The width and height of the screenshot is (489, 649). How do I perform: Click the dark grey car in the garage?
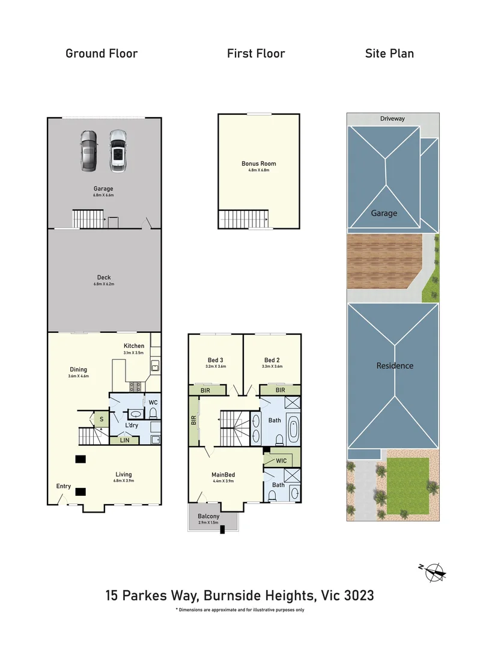88,150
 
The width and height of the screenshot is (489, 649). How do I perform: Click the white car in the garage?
118,150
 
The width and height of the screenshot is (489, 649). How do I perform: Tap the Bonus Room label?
258,163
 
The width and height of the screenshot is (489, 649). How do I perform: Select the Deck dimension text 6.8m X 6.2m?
103,284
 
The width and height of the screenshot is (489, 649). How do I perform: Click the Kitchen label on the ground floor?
134,346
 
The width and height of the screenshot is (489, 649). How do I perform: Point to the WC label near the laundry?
153,402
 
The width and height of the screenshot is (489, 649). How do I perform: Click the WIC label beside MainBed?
281,461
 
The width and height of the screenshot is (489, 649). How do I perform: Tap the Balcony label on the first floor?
208,516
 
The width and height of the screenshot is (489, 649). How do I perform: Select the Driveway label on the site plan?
392,119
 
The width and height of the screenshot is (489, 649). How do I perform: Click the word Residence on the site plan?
395,365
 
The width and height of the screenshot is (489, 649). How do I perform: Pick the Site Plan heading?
389,53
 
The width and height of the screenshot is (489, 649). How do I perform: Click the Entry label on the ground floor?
64,486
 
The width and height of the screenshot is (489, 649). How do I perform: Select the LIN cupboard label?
124,440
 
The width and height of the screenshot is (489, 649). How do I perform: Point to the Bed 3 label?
214,360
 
